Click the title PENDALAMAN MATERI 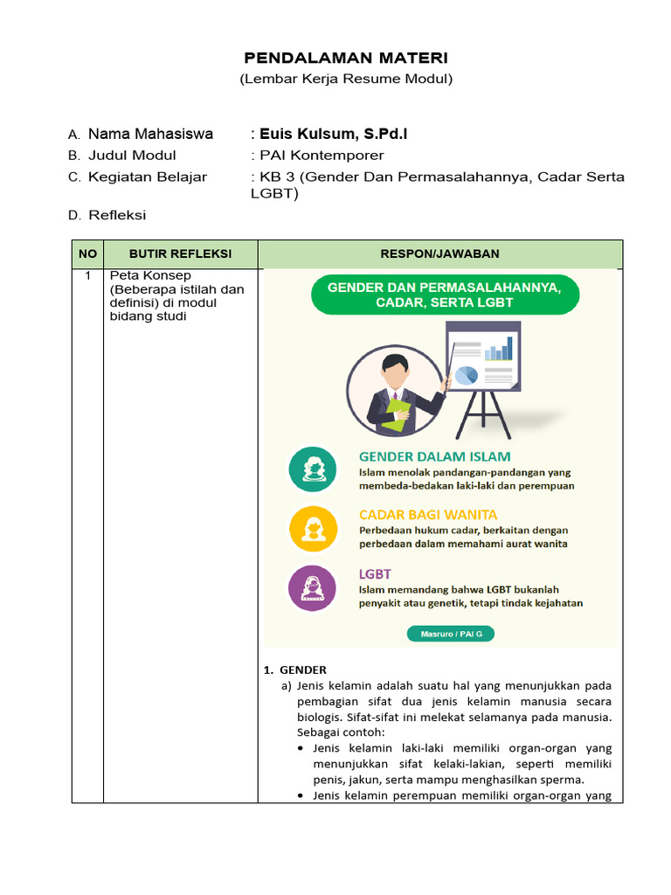click(x=345, y=58)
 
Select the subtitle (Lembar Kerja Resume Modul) click(x=346, y=80)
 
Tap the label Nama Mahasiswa click(x=150, y=134)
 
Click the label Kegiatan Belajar click(x=147, y=177)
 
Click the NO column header click(x=87, y=254)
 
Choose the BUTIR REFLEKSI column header click(x=180, y=254)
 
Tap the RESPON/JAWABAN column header click(x=439, y=254)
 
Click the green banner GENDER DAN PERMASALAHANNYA click(x=444, y=295)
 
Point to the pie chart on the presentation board click(x=467, y=374)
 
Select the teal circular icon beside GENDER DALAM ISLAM click(x=313, y=469)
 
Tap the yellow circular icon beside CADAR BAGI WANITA click(x=313, y=529)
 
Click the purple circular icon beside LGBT click(x=313, y=587)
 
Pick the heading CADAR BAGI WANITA click(x=428, y=515)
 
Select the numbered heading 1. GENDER click(x=295, y=670)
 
